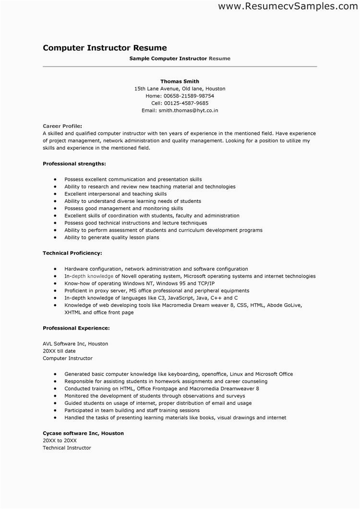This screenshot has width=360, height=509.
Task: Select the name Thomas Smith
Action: [x=180, y=82]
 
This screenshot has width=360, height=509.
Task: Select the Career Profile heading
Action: [x=59, y=126]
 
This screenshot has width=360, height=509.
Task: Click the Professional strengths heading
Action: [x=74, y=164]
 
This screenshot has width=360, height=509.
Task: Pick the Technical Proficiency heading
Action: [x=72, y=252]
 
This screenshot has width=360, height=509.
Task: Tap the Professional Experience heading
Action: [x=76, y=328]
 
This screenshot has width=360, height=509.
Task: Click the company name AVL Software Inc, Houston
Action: [x=75, y=343]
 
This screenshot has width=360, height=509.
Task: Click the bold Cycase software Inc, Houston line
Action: [x=83, y=433]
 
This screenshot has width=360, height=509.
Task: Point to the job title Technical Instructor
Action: [x=67, y=448]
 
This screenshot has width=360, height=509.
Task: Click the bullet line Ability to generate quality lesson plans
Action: [x=111, y=237]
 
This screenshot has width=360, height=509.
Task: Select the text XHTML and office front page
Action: [x=99, y=312]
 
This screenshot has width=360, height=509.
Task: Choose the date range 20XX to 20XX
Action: [x=59, y=440]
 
